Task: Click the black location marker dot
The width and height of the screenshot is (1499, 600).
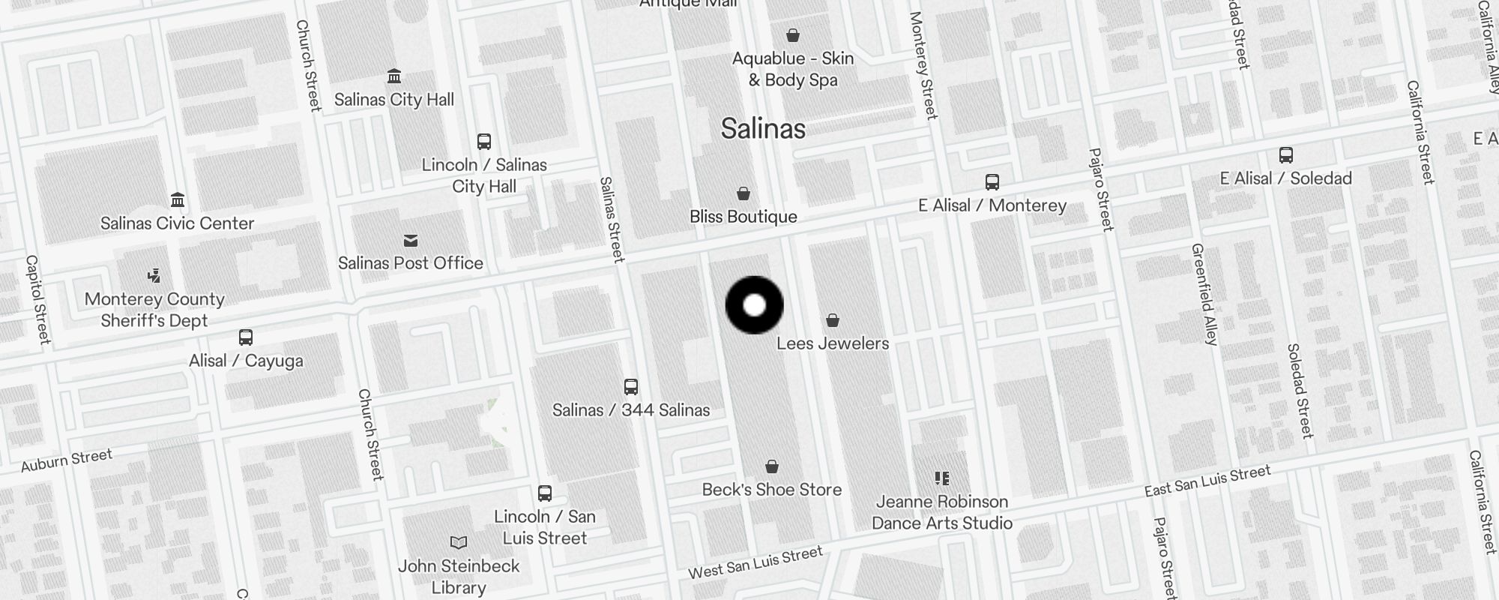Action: tap(755, 305)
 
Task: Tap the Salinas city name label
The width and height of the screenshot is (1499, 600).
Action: tap(763, 129)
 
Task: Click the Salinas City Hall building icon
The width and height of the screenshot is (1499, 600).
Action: tap(394, 76)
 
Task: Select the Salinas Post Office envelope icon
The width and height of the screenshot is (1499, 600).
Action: tap(411, 241)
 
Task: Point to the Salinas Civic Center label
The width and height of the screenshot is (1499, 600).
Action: tap(178, 223)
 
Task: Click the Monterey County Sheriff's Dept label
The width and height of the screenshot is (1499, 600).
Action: tap(154, 310)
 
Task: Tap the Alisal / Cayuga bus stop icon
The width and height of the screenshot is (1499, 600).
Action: tap(246, 337)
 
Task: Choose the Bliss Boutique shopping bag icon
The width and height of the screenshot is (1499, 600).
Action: tap(744, 194)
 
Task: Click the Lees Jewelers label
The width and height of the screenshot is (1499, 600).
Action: tap(833, 343)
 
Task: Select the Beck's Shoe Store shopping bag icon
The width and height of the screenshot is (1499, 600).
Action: tap(772, 467)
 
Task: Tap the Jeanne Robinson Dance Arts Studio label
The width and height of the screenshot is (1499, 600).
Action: tap(942, 512)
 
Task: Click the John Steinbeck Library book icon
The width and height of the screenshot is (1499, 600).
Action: tap(459, 542)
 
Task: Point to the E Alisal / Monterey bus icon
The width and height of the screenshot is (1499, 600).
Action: tap(992, 182)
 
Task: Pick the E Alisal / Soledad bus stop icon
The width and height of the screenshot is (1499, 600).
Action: tap(1286, 156)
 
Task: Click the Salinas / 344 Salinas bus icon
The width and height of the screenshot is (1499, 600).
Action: tap(631, 387)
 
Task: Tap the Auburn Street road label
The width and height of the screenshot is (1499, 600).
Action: tap(67, 460)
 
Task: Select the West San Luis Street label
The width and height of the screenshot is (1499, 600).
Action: tap(755, 563)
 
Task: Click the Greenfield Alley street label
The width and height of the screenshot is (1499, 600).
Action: tap(1204, 294)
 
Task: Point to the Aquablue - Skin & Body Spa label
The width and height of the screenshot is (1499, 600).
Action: tap(793, 69)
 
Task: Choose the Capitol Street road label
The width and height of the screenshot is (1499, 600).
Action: tap(37, 300)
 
